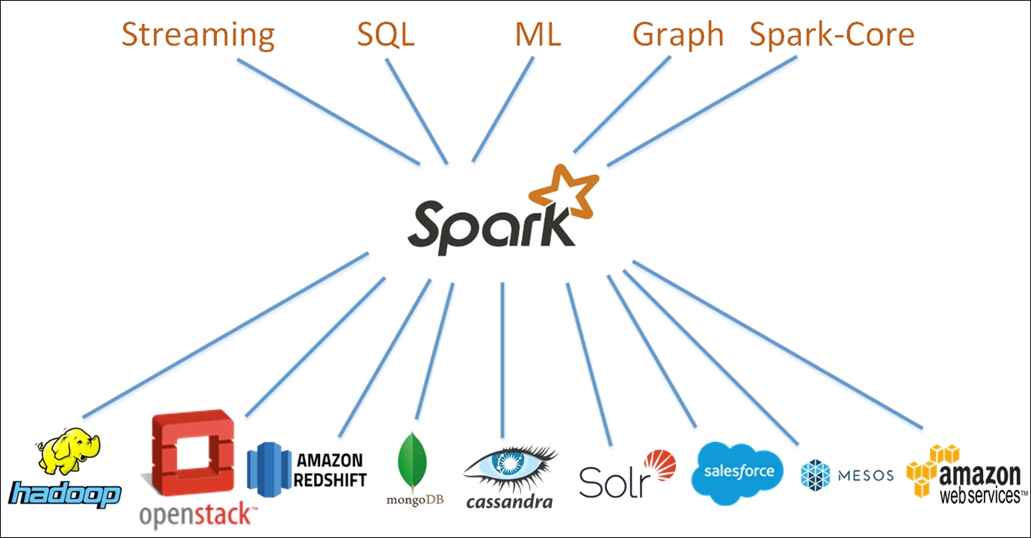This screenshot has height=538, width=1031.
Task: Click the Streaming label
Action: click(x=198, y=35)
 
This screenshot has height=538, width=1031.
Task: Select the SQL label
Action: click(x=386, y=35)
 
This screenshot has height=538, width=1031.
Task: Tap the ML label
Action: click(x=538, y=35)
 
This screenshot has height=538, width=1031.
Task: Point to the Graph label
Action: click(x=678, y=35)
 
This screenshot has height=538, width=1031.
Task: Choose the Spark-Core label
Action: click(x=832, y=35)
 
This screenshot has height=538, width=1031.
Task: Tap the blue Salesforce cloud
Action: click(x=737, y=470)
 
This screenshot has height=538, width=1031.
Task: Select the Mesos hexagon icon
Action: click(x=815, y=475)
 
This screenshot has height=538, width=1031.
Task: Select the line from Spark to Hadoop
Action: click(x=224, y=336)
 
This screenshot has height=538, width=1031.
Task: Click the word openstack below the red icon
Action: click(x=198, y=515)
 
